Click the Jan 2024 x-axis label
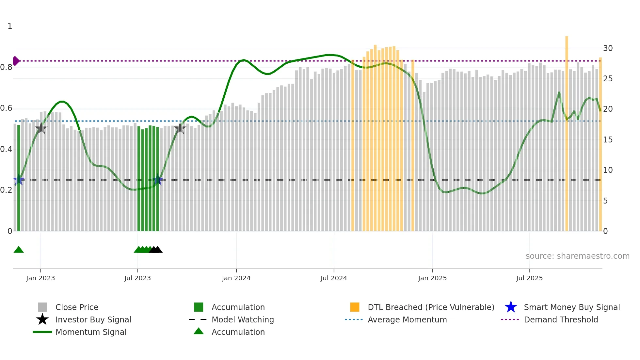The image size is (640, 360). coord(236,278)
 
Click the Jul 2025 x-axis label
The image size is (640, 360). coord(529,278)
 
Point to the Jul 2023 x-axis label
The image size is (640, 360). coord(137,278)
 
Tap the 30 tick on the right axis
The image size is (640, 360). coord(608,48)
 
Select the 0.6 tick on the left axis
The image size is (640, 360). coord(6,108)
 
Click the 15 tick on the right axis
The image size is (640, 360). coord(608,140)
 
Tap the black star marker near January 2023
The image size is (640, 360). coord(41,128)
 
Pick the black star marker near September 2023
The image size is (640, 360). coord(180,128)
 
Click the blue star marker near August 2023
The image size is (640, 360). coord(158,180)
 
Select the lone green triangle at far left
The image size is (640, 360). coord(19,250)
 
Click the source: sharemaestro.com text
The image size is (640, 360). coord(577,256)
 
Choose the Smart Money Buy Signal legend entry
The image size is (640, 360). coord(571,307)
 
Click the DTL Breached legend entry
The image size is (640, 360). coord(431,307)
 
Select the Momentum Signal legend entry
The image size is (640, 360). coord(91,332)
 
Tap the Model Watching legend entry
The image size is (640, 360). coord(242,319)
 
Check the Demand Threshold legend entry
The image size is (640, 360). coord(561,319)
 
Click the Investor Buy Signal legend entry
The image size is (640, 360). coord(93,319)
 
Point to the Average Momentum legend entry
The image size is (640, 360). coord(407,319)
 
